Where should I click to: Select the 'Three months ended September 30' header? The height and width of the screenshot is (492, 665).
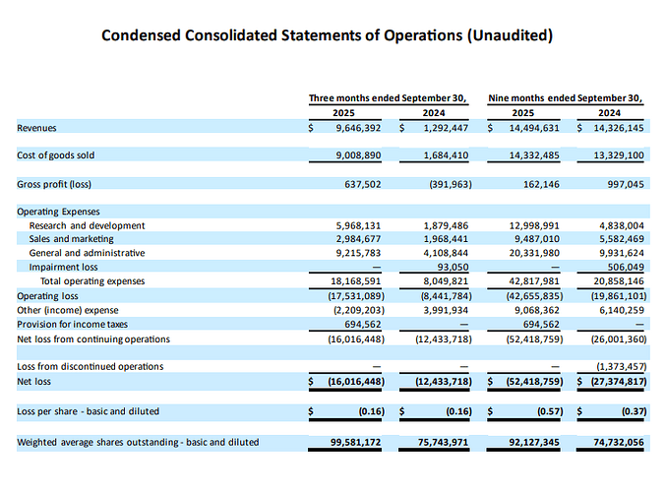pos(387,97)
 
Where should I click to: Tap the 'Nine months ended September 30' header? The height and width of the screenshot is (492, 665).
pos(566,97)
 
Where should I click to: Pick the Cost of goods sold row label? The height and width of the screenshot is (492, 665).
pos(55,155)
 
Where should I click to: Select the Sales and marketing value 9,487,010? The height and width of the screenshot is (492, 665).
pos(532,239)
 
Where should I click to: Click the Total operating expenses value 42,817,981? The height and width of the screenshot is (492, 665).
pos(532,281)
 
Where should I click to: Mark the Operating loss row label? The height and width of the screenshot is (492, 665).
pos(46,295)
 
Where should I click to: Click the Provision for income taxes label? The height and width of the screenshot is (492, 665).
pos(72,324)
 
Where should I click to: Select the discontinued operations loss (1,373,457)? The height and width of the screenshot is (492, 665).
pos(615,366)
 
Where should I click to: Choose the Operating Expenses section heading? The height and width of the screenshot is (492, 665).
pos(58,212)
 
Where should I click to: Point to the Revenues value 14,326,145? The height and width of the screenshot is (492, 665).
pos(614,128)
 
